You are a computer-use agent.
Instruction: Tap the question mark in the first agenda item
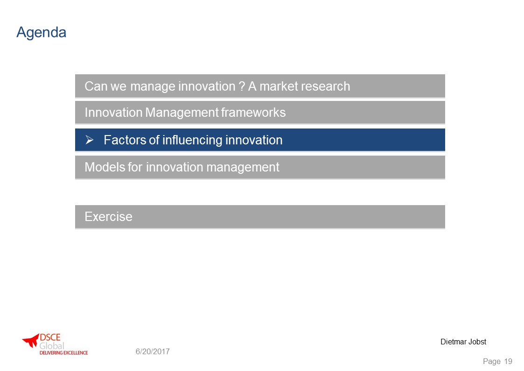click(x=242, y=86)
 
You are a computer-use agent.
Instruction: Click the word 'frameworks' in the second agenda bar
click(x=253, y=113)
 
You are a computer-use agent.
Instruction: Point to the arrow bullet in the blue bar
click(x=89, y=140)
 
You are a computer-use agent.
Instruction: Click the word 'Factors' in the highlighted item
click(x=125, y=140)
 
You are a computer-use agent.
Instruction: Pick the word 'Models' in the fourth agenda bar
click(x=105, y=167)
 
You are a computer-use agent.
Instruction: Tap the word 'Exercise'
click(x=109, y=217)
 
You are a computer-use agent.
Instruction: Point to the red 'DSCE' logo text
click(x=50, y=337)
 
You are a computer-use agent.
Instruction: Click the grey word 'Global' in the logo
click(x=52, y=346)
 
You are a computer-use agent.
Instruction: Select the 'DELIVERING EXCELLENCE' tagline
click(x=63, y=353)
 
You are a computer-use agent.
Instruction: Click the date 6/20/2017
click(x=153, y=351)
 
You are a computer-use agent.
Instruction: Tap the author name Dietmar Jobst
click(x=463, y=342)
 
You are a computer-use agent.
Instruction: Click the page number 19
click(x=508, y=361)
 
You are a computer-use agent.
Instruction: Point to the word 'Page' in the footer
click(x=492, y=362)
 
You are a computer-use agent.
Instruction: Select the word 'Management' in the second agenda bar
click(x=182, y=113)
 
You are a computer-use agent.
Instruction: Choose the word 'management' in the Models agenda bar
click(x=243, y=167)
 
